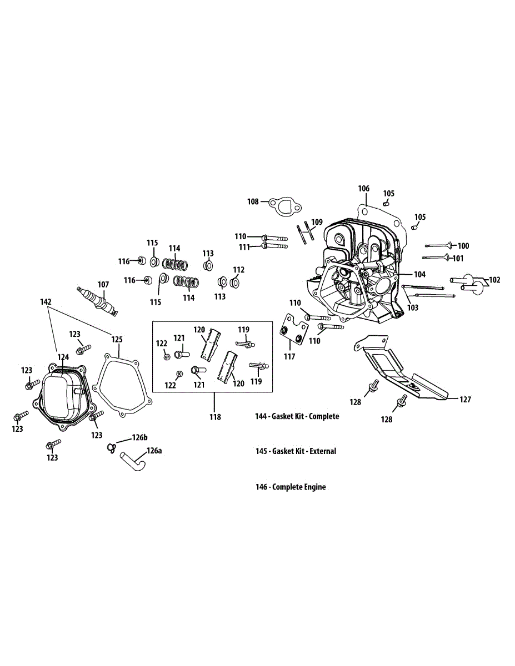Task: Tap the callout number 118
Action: pyautogui.click(x=214, y=417)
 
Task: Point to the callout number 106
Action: pyautogui.click(x=363, y=189)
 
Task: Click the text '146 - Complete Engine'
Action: pyautogui.click(x=291, y=487)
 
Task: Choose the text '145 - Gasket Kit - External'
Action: pyautogui.click(x=296, y=451)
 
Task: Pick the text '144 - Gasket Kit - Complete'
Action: pyautogui.click(x=297, y=416)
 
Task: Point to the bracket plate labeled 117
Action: pyautogui.click(x=293, y=332)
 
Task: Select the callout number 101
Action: pyautogui.click(x=458, y=258)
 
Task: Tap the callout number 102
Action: pyautogui.click(x=494, y=280)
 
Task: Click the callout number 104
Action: pyautogui.click(x=419, y=274)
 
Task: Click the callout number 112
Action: pyautogui.click(x=238, y=270)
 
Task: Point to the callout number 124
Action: pyautogui.click(x=63, y=357)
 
